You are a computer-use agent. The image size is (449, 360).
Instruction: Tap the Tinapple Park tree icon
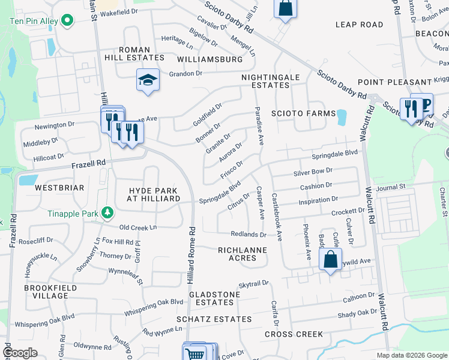(x=107, y=212)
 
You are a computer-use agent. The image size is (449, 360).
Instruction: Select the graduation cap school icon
(x=146, y=80)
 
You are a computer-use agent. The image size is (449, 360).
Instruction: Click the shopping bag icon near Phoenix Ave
(x=330, y=260)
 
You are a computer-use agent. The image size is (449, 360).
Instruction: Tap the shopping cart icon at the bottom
(x=195, y=353)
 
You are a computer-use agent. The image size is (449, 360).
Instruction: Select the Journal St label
(x=390, y=187)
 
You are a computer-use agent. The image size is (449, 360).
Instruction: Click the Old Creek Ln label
(x=138, y=227)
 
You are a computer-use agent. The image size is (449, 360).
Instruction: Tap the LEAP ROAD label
(x=359, y=25)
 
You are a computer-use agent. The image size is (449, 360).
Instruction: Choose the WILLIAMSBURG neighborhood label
(x=210, y=59)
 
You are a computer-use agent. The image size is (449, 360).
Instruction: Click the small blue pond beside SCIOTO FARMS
(x=342, y=116)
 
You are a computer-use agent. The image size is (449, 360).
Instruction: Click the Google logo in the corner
(x=20, y=353)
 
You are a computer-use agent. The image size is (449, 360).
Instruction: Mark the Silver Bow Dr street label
(x=313, y=172)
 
